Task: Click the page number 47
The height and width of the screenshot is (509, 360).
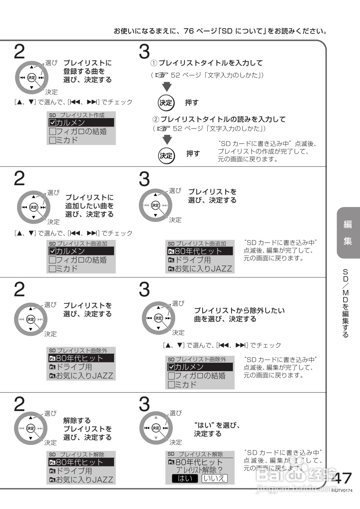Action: pos(342,478)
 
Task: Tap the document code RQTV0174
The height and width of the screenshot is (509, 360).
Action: pos(343,491)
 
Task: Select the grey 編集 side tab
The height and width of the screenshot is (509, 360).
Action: pos(348,233)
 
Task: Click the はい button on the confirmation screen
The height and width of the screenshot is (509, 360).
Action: pos(185,478)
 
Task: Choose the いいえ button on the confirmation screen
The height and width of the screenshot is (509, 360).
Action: pos(214,478)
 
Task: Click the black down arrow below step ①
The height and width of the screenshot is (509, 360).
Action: pos(167,87)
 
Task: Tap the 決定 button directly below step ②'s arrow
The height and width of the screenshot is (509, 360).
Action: pos(166,155)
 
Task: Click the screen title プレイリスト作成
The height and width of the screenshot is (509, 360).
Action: pos(82,115)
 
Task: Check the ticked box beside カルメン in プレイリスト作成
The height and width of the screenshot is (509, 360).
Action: pos(52,123)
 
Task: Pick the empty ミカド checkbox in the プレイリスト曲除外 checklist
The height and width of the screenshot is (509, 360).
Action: pos(171,385)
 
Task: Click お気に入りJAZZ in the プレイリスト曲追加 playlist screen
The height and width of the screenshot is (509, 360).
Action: pos(203,268)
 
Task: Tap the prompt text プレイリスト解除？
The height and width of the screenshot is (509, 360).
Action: pos(199,470)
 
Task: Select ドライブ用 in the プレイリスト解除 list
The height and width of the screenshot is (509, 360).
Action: pos(74,471)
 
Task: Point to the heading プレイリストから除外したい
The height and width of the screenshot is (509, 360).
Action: pos(239,310)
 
